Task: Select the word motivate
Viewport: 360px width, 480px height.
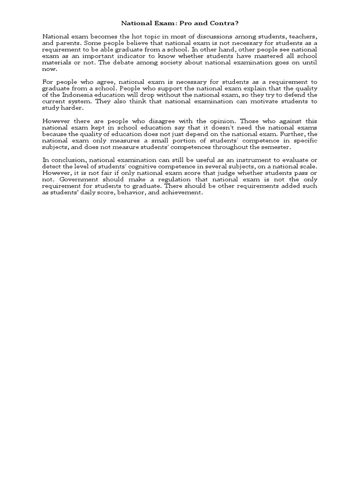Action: click(x=270, y=101)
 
